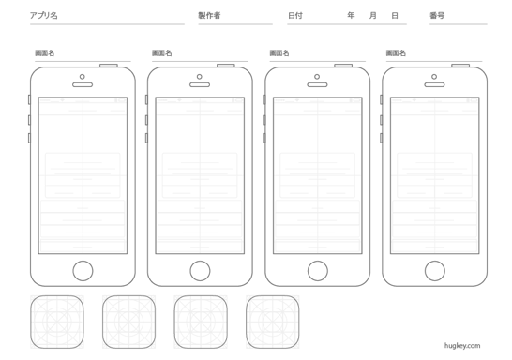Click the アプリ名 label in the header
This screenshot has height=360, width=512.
pos(44,15)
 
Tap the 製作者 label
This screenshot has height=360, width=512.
pos(209,15)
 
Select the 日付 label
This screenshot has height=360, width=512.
pos(295,15)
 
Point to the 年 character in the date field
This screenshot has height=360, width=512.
pos(351,15)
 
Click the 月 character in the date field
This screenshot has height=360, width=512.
pos(373,15)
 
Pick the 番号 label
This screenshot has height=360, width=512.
pos(437,15)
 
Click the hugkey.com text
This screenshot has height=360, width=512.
pos(462,346)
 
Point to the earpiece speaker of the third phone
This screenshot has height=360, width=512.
pos(317,85)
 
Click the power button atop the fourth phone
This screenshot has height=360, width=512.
pos(460,66)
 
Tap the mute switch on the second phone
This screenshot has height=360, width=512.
pos(146,99)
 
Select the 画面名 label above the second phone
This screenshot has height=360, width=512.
pos(162,53)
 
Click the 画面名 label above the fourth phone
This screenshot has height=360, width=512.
pos(396,53)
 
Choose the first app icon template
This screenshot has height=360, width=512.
pos(57,322)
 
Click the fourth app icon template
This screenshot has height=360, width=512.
pos(273,322)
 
